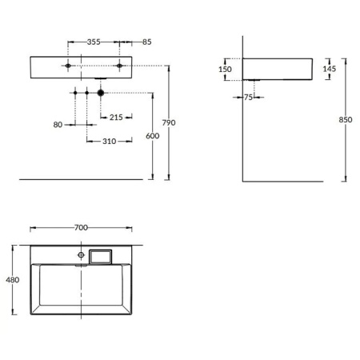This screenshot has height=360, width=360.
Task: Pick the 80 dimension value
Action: tap(58, 124)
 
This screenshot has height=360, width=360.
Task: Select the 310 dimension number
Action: tap(110, 142)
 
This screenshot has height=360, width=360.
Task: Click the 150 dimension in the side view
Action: tap(225, 70)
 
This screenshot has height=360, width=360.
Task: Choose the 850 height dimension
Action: tap(346, 120)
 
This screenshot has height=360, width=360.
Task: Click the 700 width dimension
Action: tap(80, 228)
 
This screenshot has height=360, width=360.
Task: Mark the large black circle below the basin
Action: tap(101, 94)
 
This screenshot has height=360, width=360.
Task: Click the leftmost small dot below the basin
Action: tap(74, 94)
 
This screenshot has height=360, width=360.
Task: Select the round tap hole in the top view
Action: tap(81, 255)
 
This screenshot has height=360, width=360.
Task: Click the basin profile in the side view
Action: tap(280, 69)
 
